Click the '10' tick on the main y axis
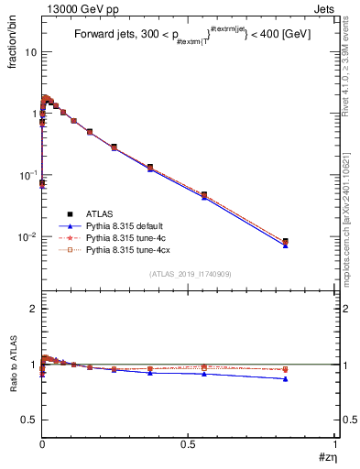coord(31,52)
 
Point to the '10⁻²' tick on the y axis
coord(29,236)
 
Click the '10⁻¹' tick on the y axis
coord(29,175)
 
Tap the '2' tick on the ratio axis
coord(33,309)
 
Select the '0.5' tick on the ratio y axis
coord(29,419)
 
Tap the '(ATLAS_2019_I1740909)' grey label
coord(190,274)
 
